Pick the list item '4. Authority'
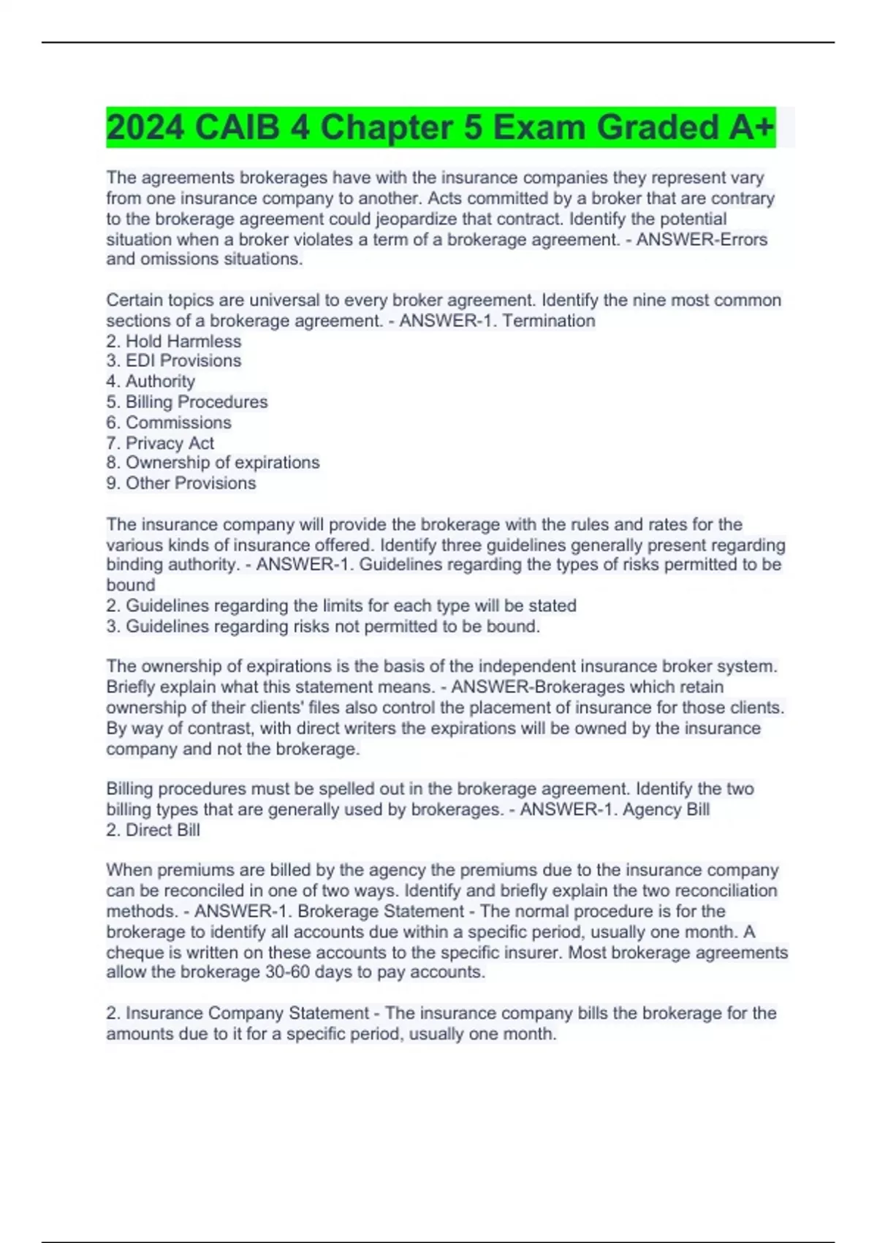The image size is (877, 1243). [x=151, y=381]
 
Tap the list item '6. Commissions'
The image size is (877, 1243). [x=169, y=422]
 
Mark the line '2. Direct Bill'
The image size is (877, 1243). [x=153, y=830]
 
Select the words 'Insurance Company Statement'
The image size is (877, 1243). [x=247, y=1013]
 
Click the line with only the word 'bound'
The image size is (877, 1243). [x=131, y=585]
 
